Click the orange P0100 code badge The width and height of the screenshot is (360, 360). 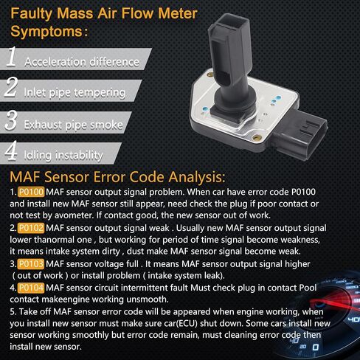[31, 192]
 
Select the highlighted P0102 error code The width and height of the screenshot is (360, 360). [31, 228]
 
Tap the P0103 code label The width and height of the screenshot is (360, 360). [31, 264]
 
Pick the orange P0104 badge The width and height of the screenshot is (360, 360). [31, 288]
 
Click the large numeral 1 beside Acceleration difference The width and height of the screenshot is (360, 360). [11, 57]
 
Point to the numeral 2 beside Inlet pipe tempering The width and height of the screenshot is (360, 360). [11, 86]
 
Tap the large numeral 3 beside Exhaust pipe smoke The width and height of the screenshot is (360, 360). [11, 120]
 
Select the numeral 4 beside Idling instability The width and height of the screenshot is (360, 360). [11, 150]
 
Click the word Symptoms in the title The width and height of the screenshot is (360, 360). [46, 32]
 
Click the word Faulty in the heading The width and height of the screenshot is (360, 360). [31, 13]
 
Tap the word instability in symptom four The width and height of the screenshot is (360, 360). [79, 156]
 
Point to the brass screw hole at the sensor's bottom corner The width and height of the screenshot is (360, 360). [256, 138]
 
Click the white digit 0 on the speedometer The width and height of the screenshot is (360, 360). [316, 347]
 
